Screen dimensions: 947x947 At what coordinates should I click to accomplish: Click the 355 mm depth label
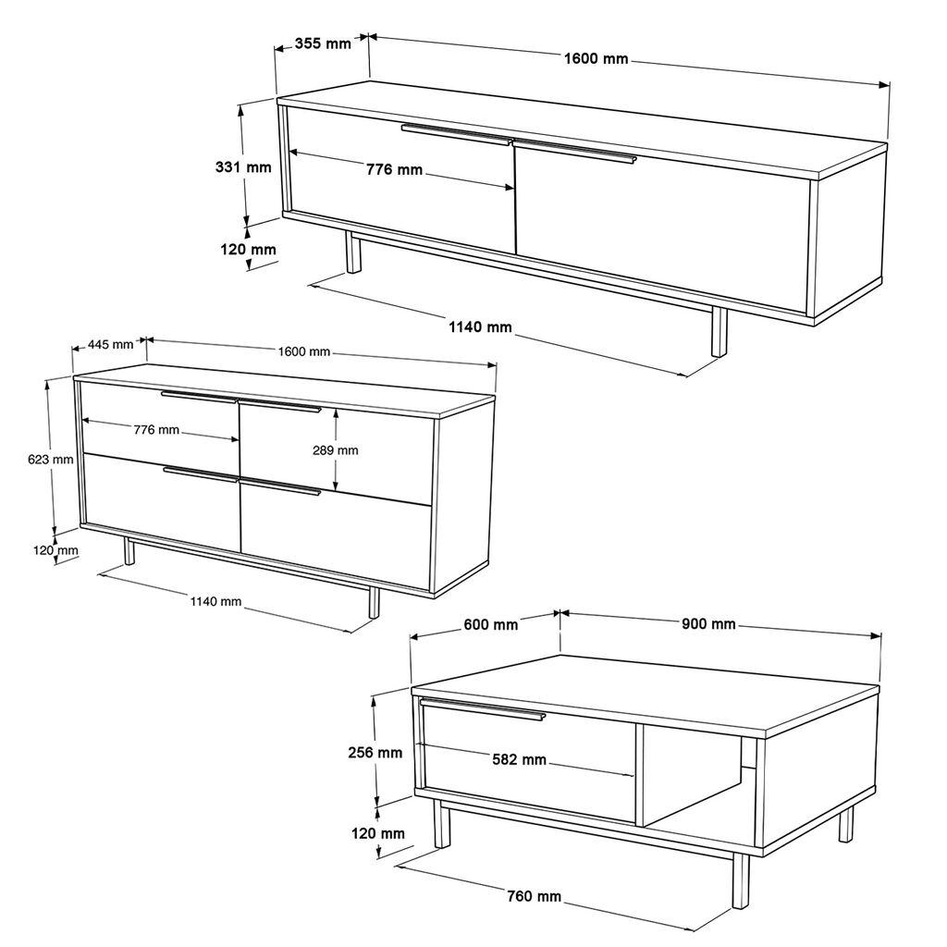pos(324,43)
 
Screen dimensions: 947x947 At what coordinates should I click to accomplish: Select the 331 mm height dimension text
pos(243,167)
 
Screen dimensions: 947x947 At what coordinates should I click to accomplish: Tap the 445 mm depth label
pos(110,344)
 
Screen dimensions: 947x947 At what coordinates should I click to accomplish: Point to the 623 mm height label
pos(51,459)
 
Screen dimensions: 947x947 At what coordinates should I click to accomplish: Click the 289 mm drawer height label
pos(336,450)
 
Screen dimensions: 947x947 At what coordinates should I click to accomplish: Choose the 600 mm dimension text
pos(490,624)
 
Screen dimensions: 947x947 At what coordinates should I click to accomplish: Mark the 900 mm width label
pos(708,624)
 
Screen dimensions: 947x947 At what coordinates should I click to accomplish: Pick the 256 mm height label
pos(376,753)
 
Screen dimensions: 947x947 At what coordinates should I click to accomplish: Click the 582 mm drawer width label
pos(520,760)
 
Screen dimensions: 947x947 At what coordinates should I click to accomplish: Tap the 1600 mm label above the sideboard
pos(304,351)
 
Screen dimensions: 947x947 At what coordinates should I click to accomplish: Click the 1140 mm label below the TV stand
pos(480,326)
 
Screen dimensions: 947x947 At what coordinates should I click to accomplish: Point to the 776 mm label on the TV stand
pos(394,169)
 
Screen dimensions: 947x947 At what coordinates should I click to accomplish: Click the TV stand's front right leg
pos(718,332)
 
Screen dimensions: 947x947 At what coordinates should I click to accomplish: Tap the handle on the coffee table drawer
pos(482,709)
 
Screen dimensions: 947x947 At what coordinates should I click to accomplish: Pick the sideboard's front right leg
pos(374,601)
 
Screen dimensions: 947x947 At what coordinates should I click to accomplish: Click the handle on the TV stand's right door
pos(574,152)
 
